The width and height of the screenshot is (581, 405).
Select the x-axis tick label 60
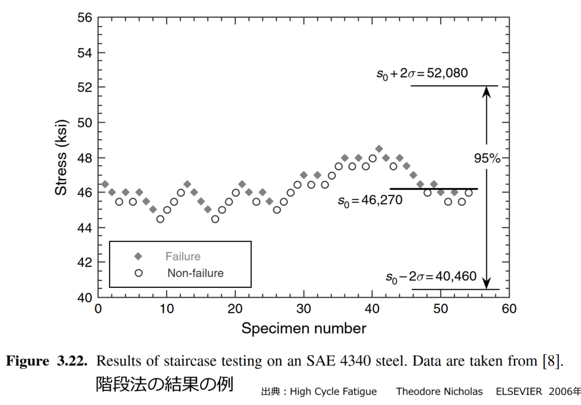[509, 309]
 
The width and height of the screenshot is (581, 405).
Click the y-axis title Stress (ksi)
[61, 157]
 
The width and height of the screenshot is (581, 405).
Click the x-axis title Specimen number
[304, 328]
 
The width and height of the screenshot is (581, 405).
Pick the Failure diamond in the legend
[138, 256]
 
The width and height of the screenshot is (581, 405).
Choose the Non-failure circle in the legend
[138, 273]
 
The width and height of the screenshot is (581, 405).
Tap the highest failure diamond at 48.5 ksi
[379, 149]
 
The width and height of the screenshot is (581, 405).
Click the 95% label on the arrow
[487, 159]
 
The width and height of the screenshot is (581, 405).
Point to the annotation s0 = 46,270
[370, 201]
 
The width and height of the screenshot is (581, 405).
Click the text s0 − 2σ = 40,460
[431, 277]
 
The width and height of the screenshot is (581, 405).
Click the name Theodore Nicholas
[439, 391]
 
